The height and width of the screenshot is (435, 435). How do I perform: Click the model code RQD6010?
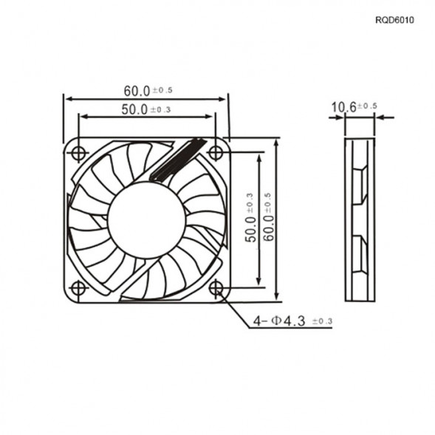[394, 21]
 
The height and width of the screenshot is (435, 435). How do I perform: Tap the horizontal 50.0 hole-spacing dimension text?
[134, 109]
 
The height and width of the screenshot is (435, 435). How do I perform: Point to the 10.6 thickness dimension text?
[343, 108]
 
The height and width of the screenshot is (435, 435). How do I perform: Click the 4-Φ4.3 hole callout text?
[280, 321]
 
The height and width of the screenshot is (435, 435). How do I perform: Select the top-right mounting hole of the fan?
[215, 153]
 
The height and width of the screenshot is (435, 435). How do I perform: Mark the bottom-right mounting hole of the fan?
[215, 288]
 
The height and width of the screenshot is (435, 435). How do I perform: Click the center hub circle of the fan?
[146, 220]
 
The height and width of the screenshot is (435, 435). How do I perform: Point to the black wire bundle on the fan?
[175, 160]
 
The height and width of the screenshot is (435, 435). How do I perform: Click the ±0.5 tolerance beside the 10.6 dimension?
[367, 107]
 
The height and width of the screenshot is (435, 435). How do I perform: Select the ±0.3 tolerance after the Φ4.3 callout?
[322, 321]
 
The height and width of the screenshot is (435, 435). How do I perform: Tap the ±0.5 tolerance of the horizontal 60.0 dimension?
[162, 91]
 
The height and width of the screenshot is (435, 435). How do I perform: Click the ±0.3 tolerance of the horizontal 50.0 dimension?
[160, 110]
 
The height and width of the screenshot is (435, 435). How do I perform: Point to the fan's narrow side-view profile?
[359, 219]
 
